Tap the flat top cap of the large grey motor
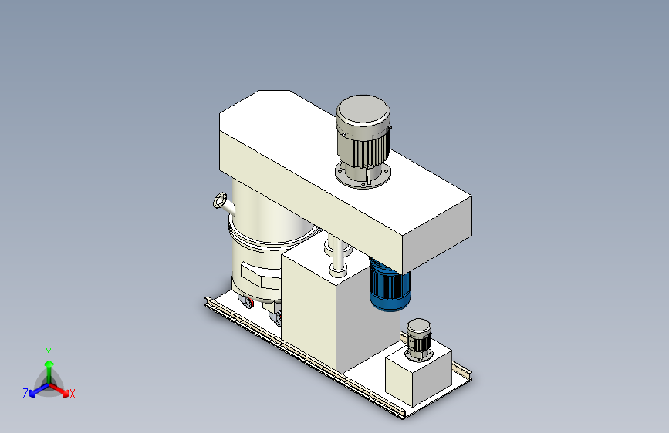point(363,110)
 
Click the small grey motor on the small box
point(419,340)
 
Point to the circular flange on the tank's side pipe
point(220,200)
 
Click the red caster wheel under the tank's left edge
point(248,303)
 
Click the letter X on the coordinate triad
point(72,394)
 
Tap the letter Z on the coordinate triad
point(25,394)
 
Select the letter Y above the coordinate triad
point(49,353)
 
